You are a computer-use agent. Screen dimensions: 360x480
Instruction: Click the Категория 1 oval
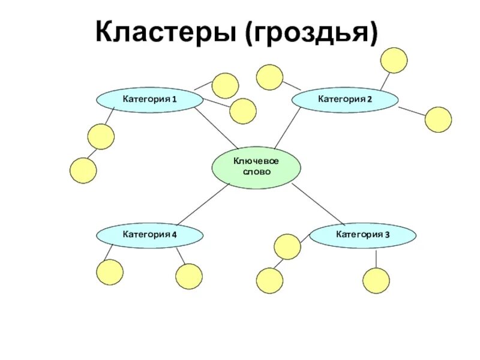[150, 100]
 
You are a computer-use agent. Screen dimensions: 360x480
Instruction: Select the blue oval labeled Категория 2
[344, 99]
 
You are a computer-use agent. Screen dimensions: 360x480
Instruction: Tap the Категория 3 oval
[362, 235]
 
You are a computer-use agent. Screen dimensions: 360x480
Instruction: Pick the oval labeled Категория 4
[149, 235]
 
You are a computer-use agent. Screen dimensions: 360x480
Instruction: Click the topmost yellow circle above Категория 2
[394, 60]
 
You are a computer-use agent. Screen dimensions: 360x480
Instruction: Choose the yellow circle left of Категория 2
[269, 77]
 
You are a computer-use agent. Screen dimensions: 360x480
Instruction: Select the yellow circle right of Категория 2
[438, 119]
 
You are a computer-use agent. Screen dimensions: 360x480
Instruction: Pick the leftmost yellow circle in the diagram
[83, 170]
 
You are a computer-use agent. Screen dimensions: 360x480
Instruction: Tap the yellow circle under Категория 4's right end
[190, 277]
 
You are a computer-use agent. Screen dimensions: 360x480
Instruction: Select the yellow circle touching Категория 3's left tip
[287, 247]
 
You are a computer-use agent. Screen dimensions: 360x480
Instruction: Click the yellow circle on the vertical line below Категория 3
[376, 280]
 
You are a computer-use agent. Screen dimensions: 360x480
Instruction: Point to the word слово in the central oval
[256, 172]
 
